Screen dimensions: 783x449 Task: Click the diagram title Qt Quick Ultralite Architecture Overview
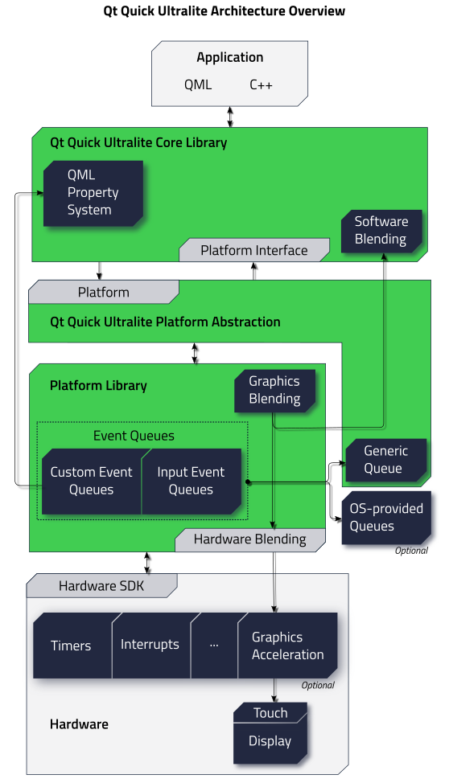pos(224,11)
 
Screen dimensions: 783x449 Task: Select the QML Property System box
pos(93,193)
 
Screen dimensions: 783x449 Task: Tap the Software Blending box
pos(381,231)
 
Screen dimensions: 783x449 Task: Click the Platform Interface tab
pos(253,250)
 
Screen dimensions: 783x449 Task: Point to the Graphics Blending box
pos(274,391)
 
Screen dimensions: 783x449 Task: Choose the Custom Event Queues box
pos(91,481)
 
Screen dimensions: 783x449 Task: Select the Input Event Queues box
pos(191,481)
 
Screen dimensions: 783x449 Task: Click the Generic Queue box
pos(385,460)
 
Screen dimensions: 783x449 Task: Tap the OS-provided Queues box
pos(385,518)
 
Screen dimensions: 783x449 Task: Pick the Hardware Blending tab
pos(249,539)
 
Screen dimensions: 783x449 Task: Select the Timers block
pos(72,646)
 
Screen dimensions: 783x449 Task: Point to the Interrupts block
pos(150,645)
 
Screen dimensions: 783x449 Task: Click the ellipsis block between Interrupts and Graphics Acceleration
pos(214,645)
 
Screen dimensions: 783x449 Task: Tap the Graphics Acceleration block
pos(287,646)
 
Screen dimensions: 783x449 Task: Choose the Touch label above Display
pos(270,713)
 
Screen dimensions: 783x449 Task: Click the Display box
pos(270,741)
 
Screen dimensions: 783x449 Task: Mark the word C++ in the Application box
pos(261,84)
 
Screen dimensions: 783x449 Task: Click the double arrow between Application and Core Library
pos(230,117)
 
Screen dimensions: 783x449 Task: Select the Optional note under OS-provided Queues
pos(411,551)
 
